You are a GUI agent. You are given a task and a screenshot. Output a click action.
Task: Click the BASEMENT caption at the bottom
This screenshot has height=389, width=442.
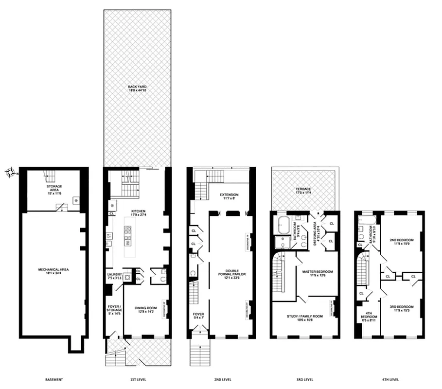point(53,379)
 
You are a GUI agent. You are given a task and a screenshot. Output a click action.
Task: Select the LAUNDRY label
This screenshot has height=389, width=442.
point(114,276)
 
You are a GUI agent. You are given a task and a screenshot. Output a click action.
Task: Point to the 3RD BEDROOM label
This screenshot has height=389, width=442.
point(401,308)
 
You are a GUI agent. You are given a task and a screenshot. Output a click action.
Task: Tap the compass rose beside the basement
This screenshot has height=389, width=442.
point(11,172)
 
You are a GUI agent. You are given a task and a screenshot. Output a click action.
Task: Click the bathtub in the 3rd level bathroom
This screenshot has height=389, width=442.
point(283,226)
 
